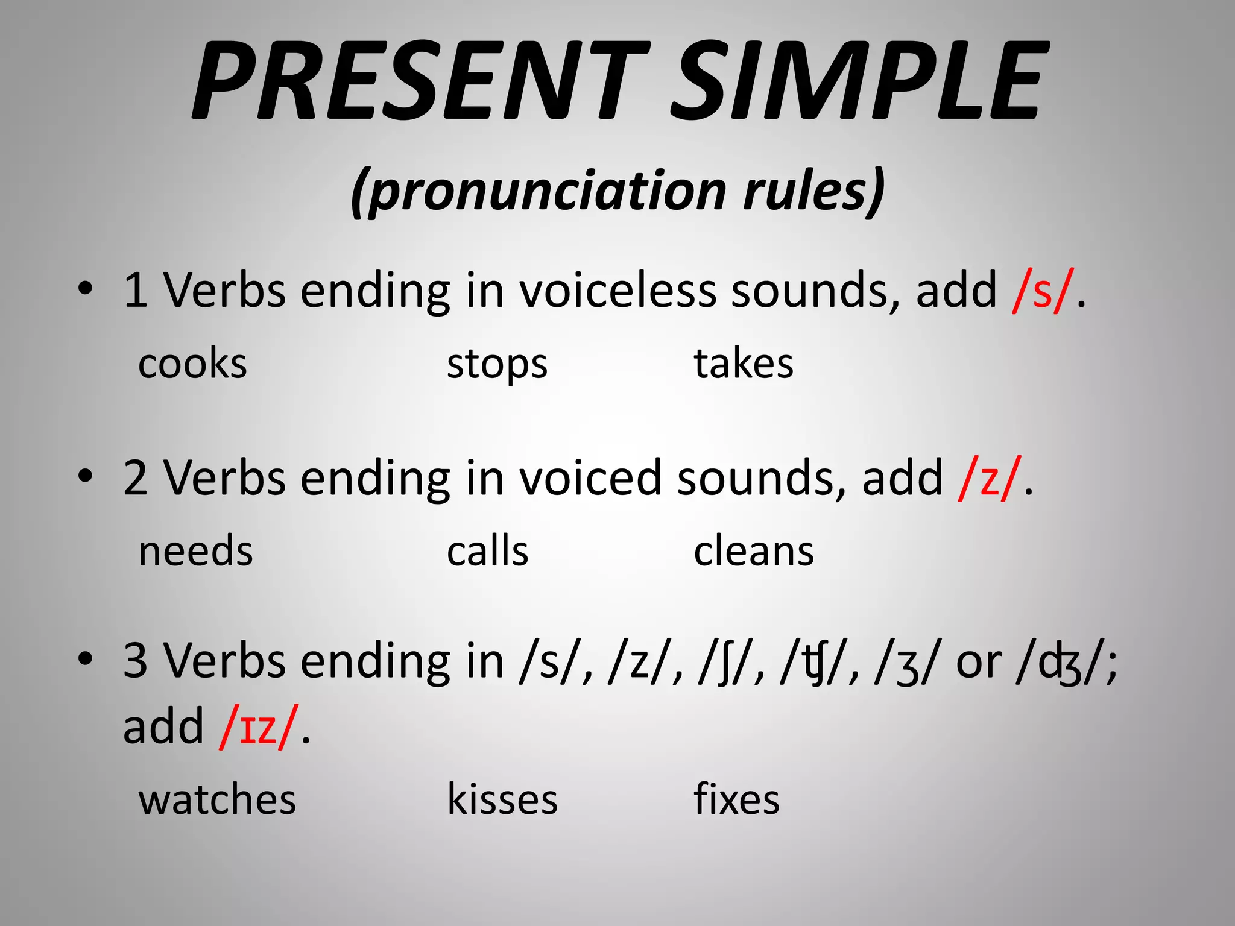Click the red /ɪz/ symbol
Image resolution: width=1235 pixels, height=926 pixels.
point(259,726)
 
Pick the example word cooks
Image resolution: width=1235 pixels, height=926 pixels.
point(192,364)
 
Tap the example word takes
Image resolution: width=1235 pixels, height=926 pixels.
point(744,364)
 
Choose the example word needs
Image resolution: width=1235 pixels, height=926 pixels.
point(195,551)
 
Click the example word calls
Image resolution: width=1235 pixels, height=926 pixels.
point(487,551)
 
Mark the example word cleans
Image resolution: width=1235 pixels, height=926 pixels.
point(754,551)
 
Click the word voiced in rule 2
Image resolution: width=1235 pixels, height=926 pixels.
point(591,477)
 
